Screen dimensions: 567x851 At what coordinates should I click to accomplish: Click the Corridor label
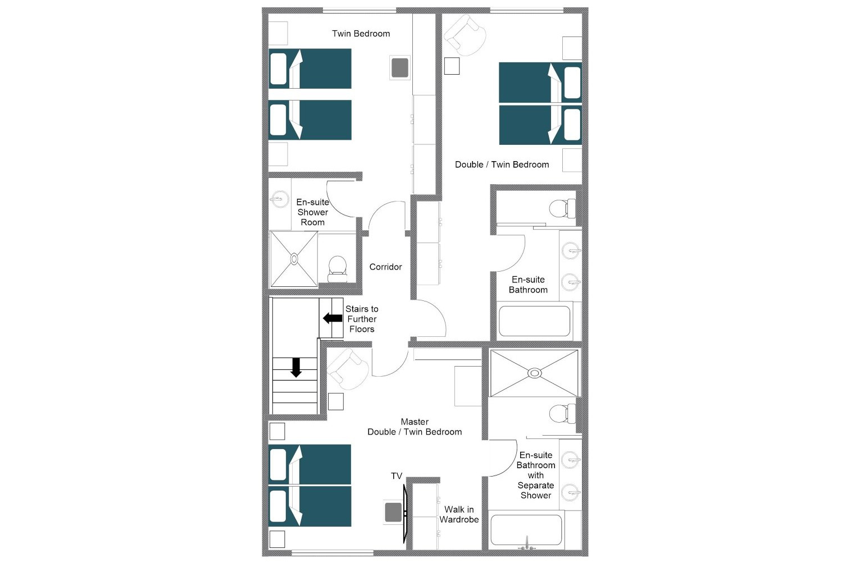tap(385, 267)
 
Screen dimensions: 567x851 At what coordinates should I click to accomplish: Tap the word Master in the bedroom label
tap(415, 422)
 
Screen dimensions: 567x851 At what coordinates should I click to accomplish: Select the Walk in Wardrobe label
tap(459, 514)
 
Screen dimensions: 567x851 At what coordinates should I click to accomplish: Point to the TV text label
tap(397, 476)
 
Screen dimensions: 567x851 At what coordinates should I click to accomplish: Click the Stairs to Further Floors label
tap(362, 319)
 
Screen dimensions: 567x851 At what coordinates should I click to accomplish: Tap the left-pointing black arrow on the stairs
tap(333, 318)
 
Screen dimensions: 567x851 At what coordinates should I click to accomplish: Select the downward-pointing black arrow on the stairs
tap(296, 367)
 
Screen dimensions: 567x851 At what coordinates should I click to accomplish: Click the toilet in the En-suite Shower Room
tap(337, 268)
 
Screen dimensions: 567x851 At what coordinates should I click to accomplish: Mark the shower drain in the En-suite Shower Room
tap(294, 259)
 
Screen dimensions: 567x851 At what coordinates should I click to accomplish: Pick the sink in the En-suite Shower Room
tap(279, 199)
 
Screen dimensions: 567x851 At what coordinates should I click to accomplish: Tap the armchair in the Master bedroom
tap(348, 369)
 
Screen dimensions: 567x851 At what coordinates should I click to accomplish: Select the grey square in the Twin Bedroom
tap(399, 68)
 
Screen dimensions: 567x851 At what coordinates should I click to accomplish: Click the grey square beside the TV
tap(393, 512)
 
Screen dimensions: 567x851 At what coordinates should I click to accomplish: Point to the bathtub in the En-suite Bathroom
tap(534, 321)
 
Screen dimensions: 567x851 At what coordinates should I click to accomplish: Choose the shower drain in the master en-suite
tap(535, 373)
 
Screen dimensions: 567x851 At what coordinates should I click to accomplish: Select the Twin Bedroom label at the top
tap(361, 34)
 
